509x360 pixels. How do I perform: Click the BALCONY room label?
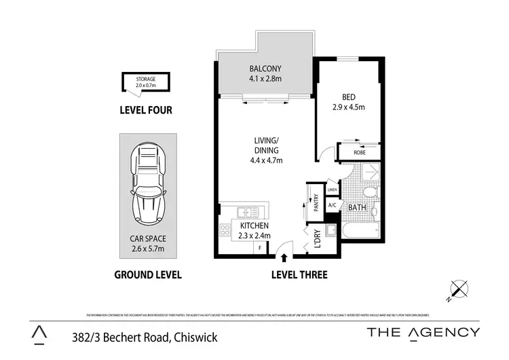265,69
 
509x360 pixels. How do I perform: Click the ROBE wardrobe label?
360,153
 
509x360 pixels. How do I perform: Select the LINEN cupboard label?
331,190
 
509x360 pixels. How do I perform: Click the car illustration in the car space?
148,183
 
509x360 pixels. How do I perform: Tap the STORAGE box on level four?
145,82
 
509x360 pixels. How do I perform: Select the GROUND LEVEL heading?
147,275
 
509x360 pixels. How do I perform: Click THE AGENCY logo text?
423,332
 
